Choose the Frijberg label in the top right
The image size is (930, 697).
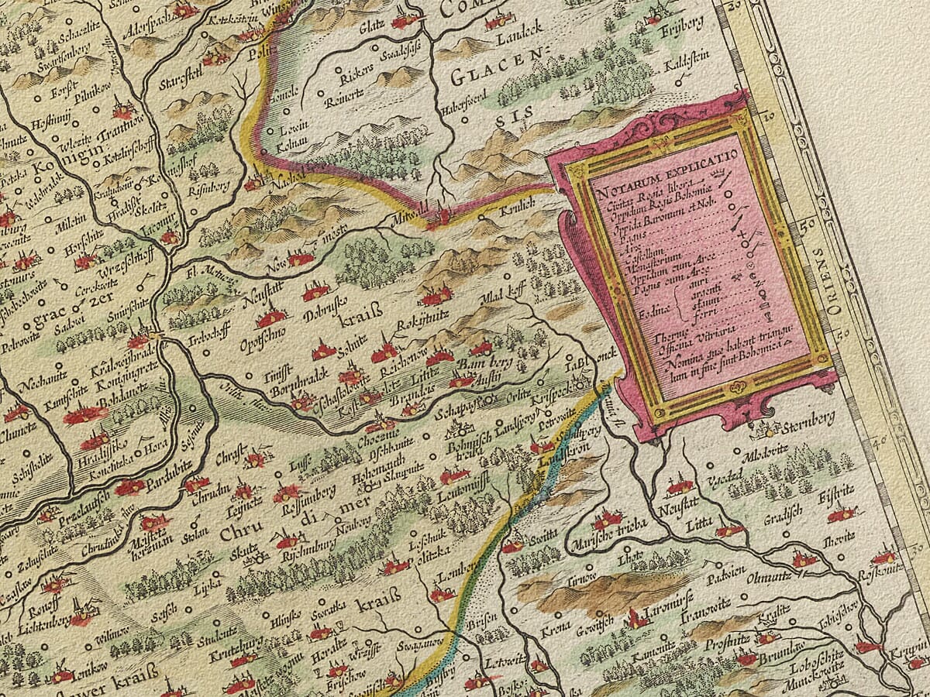[682, 22]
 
